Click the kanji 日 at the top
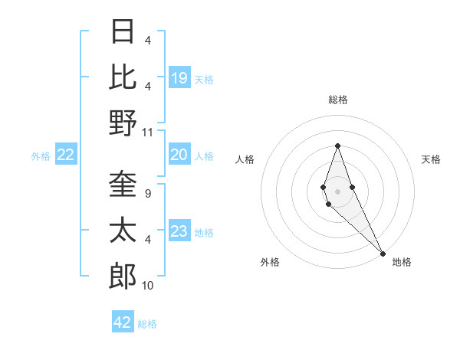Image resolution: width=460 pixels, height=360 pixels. click(x=123, y=31)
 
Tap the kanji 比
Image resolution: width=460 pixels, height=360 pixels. click(x=123, y=77)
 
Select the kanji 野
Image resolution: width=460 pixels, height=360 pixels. click(x=123, y=123)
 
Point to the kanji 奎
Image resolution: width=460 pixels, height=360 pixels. click(x=123, y=185)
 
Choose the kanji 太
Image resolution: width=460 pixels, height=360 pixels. click(x=123, y=231)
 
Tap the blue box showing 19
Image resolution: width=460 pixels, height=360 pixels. click(x=179, y=77)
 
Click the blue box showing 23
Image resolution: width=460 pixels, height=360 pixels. click(x=179, y=232)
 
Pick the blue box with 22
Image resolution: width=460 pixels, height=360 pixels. click(x=65, y=155)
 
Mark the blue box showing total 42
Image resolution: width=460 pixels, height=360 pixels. click(x=123, y=322)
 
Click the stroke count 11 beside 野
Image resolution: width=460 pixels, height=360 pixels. click(x=148, y=132)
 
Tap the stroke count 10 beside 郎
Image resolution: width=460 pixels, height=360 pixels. click(x=148, y=286)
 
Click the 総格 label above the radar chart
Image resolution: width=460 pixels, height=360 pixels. click(x=337, y=100)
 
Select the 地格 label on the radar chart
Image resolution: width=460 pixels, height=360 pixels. click(x=402, y=262)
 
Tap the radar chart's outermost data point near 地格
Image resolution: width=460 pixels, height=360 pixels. click(x=383, y=253)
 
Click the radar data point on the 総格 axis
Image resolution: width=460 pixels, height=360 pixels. click(x=337, y=146)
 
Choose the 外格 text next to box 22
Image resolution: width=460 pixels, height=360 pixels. click(x=41, y=156)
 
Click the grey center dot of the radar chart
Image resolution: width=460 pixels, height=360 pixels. click(x=337, y=190)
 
